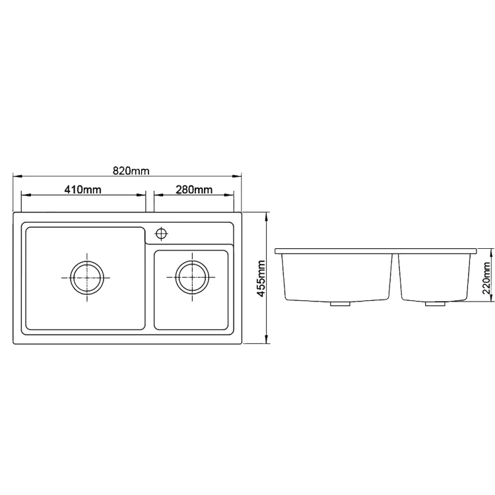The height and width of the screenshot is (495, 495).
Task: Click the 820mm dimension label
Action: tap(131, 171)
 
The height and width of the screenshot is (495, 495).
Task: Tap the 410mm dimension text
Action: tap(83, 189)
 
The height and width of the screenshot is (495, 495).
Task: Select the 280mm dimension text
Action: tap(194, 189)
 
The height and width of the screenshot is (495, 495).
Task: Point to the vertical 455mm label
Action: tap(261, 279)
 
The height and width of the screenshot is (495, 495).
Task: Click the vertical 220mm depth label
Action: tap(487, 278)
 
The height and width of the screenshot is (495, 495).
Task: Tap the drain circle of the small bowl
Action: tap(192, 278)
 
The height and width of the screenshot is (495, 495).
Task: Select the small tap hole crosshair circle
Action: tap(161, 234)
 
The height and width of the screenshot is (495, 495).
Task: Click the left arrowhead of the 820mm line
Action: tap(17, 176)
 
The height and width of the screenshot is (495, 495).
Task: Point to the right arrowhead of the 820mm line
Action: tap(237, 176)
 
